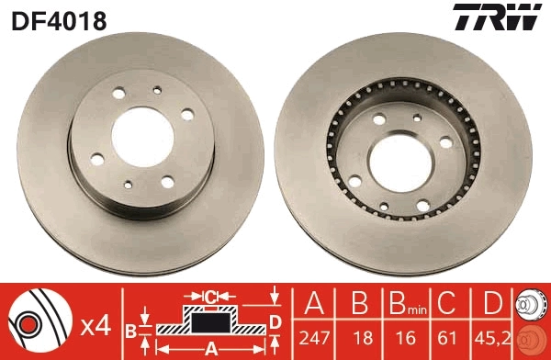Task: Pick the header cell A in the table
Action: tap(313, 304)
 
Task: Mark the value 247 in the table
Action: tap(313, 338)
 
